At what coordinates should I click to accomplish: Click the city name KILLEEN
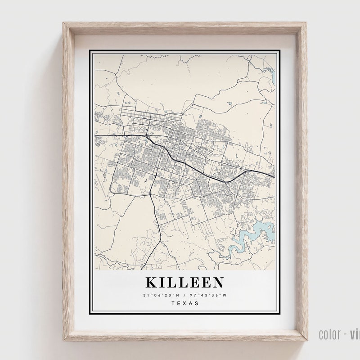click(184, 283)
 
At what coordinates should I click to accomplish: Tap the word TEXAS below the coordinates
click(185, 303)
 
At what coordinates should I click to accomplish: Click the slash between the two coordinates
click(184, 295)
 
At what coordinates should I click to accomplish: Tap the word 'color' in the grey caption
click(328, 334)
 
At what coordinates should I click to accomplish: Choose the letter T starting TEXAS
click(173, 303)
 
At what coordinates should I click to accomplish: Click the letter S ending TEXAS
click(197, 303)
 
